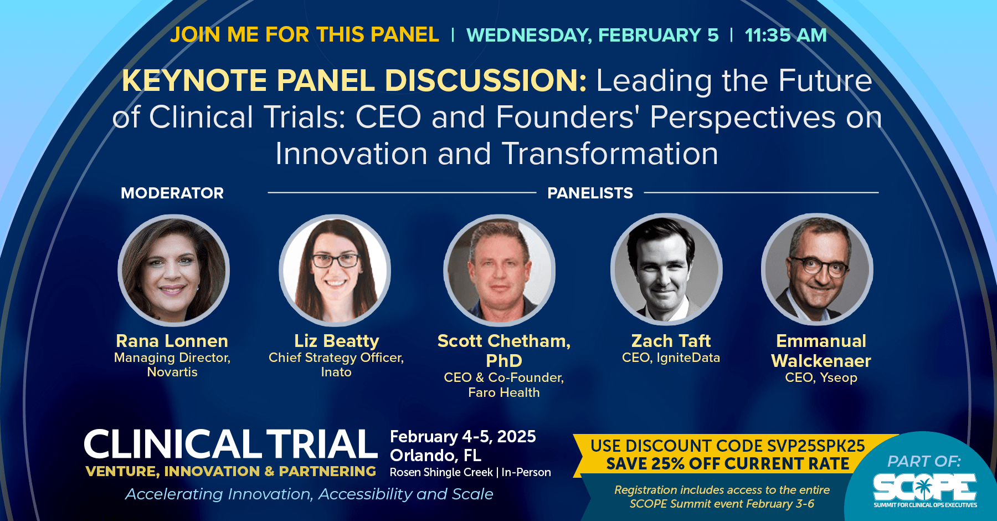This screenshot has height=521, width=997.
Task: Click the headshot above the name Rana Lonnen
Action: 173,270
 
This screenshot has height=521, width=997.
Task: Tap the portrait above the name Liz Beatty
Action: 335,270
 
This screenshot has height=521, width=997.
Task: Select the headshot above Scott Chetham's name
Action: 499,270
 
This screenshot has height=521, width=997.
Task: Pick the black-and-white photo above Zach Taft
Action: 666,269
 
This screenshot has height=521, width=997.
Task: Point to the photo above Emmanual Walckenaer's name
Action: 817,269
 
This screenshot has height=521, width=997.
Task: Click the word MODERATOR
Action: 172,193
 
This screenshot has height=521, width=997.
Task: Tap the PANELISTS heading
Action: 590,193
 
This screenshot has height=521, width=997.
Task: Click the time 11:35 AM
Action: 785,35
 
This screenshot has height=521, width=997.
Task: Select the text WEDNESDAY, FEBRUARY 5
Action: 593,35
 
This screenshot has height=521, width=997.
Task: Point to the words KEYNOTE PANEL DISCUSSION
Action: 354,80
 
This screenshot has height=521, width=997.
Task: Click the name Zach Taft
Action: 671,340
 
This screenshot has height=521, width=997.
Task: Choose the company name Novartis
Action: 172,372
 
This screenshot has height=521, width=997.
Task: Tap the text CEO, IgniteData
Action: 671,357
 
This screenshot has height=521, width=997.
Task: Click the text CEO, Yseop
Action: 821,377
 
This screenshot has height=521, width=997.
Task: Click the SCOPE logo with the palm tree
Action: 925,489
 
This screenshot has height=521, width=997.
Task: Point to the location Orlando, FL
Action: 435,455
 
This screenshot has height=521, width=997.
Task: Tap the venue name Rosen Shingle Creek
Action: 441,472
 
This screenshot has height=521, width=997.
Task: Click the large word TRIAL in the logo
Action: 322,444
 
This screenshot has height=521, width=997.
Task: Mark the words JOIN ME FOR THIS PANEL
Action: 304,34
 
